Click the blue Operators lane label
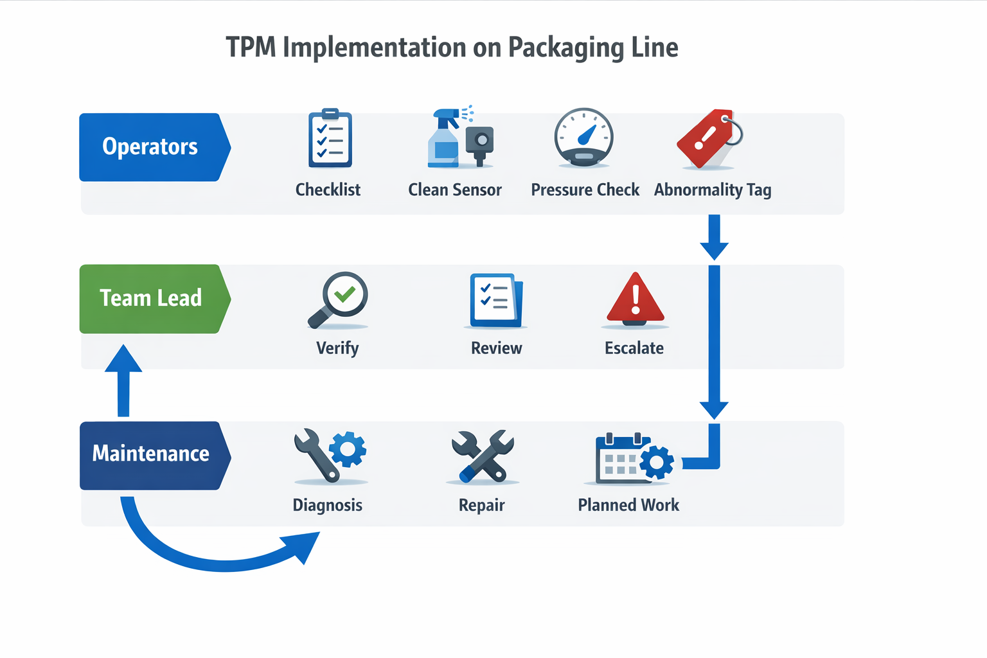155,147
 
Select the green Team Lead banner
155,299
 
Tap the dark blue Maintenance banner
155,456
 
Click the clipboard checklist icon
330,138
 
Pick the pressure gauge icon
584,137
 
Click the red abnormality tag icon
709,138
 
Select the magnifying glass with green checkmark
338,299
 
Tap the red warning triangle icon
635,299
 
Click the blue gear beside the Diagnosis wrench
348,449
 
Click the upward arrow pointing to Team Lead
123,380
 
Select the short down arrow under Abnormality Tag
715,237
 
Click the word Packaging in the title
565,48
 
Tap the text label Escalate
634,348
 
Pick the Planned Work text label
628,505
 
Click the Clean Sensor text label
455,190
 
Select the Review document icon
496,300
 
